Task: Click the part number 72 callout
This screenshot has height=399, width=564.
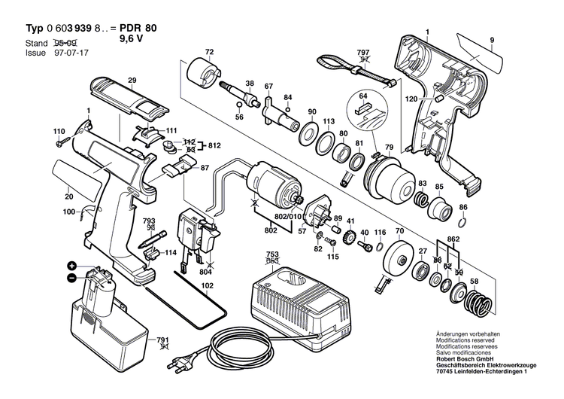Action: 210,51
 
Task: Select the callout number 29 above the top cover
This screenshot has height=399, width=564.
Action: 132,80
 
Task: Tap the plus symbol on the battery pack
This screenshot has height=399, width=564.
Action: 72,266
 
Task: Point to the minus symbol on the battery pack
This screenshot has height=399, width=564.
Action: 72,278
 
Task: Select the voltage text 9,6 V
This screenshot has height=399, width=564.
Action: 133,41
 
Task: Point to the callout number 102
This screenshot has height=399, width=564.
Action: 208,285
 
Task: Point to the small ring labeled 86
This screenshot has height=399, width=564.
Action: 463,221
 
